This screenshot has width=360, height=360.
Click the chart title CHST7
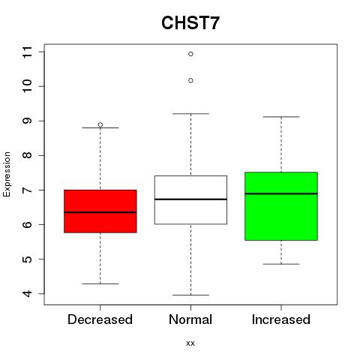pos(190,23)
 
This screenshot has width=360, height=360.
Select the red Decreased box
pos(100,211)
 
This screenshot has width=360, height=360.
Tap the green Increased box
pos(281,206)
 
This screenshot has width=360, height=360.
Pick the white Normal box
pos(190,199)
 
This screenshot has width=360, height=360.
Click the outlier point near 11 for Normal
pos(190,54)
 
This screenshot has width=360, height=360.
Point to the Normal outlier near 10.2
pos(190,80)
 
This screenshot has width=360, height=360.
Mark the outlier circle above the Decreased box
pos(100,124)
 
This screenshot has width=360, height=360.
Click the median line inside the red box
pos(100,212)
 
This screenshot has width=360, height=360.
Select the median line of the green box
pos(281,193)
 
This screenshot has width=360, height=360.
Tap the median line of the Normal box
pos(190,199)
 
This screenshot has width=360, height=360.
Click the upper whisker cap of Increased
pos(281,117)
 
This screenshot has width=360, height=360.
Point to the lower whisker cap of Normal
pos(190,295)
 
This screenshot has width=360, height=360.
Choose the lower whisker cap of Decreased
pos(100,283)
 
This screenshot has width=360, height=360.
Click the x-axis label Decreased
pos(100,319)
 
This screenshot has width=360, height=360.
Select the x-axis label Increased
pos(281,319)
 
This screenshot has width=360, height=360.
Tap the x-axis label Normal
pos(190,319)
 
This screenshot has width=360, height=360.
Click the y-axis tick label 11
pos(27,52)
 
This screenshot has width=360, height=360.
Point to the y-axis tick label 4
pos(27,293)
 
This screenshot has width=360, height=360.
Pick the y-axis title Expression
pos(7,174)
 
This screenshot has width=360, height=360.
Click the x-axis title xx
pos(190,343)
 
